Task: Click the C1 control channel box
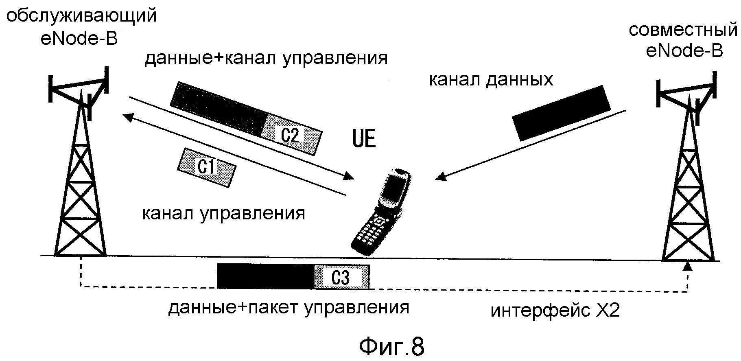[x=206, y=167]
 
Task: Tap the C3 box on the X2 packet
[x=341, y=277]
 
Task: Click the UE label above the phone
[x=363, y=139]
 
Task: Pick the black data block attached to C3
[x=265, y=276]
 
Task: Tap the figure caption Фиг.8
[x=391, y=346]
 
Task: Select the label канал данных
[x=491, y=80]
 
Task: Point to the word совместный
[x=683, y=31]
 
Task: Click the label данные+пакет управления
[x=289, y=307]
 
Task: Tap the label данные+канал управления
[x=266, y=58]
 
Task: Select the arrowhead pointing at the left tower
[x=127, y=117]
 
